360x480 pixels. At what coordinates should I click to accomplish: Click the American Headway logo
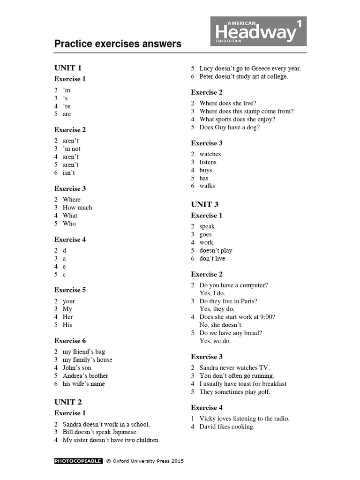258,31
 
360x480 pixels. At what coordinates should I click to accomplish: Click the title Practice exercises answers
118,44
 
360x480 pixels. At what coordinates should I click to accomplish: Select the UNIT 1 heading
68,68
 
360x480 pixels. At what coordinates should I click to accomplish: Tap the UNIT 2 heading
68,402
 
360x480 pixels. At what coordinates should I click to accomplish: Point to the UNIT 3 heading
205,204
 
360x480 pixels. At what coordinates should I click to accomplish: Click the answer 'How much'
77,208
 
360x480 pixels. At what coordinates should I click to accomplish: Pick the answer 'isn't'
69,173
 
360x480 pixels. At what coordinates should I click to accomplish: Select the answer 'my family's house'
88,360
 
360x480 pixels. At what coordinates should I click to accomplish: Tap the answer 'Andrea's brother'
85,376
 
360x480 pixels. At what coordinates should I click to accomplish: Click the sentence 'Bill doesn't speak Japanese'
99,432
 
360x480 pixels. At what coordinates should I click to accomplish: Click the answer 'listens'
208,162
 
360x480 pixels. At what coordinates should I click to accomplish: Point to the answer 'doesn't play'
216,251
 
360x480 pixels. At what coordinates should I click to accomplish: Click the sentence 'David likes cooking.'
227,427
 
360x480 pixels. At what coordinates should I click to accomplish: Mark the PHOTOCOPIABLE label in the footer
78,461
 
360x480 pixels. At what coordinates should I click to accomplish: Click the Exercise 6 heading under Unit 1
70,341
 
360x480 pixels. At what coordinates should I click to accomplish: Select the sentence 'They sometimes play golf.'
235,392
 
